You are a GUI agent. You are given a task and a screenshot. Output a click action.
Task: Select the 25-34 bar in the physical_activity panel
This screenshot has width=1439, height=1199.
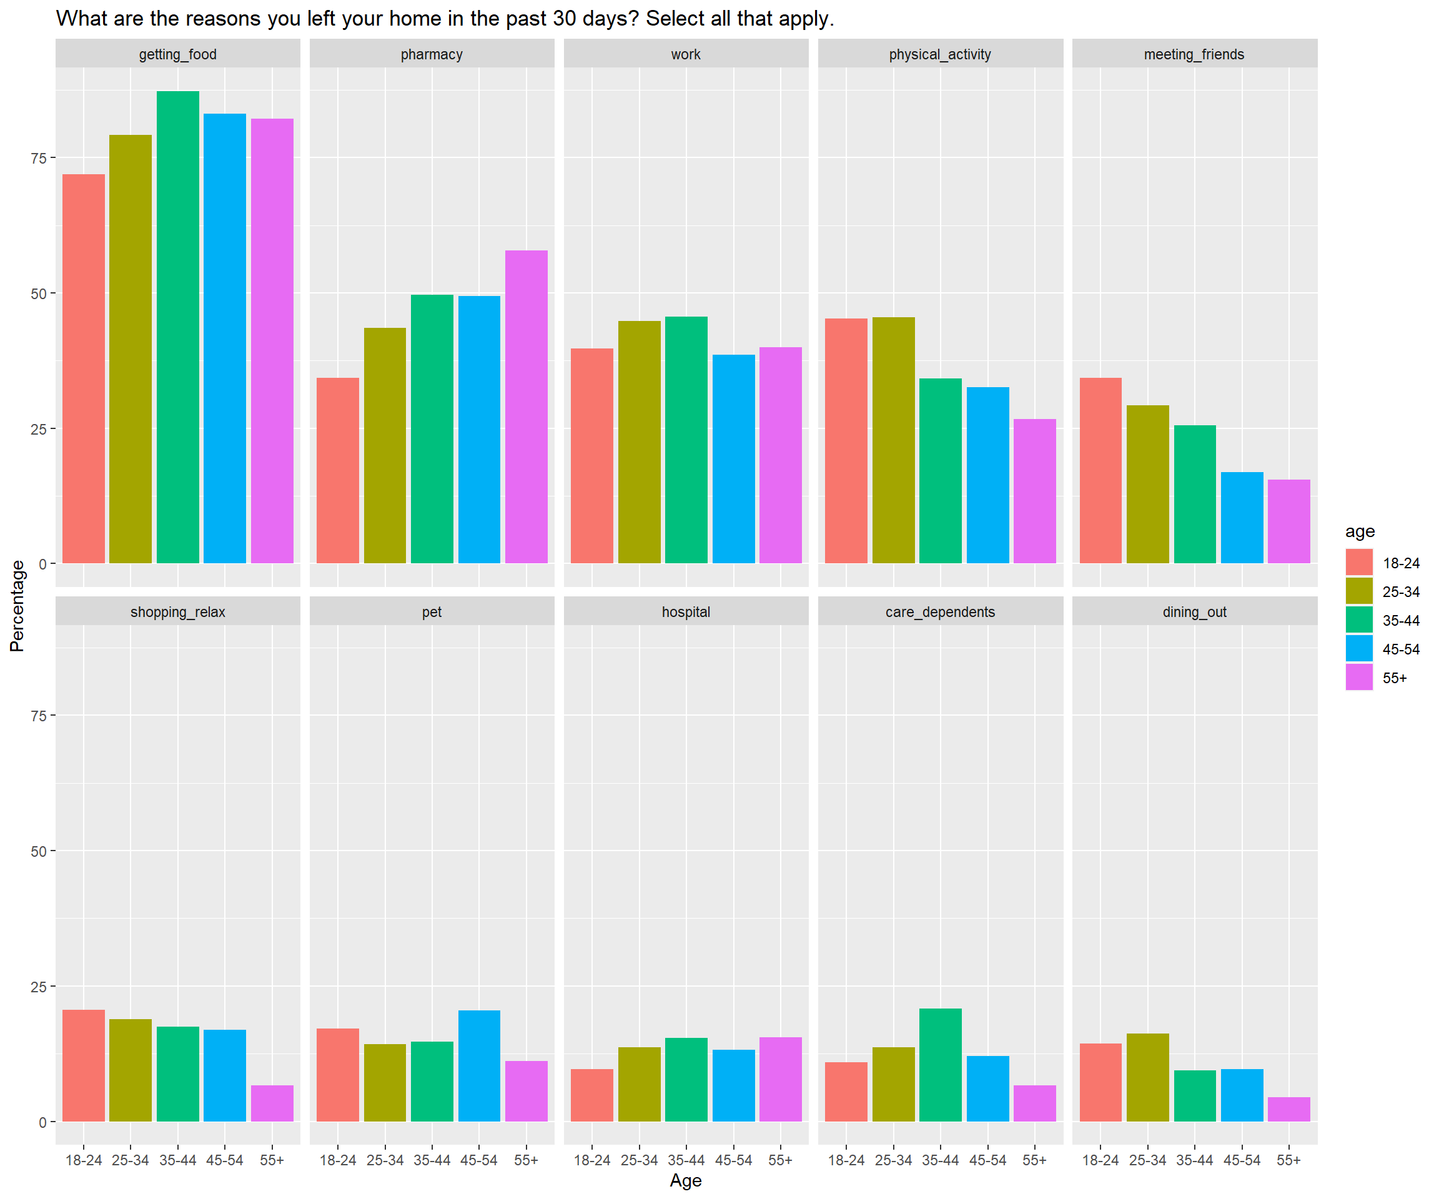coord(894,440)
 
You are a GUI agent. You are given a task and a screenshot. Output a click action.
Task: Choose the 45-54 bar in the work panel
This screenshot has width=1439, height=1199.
coord(733,458)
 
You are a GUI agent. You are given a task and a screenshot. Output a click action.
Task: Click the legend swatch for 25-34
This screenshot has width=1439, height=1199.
coord(1359,591)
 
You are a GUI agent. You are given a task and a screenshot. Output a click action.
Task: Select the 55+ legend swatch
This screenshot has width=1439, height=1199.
coord(1359,677)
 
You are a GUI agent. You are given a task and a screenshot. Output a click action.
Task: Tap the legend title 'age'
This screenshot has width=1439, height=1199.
coord(1360,531)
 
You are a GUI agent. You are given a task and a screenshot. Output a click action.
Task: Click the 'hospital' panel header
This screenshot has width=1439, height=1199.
coord(686,612)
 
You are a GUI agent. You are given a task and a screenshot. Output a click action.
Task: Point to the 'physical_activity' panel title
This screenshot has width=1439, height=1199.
coord(939,54)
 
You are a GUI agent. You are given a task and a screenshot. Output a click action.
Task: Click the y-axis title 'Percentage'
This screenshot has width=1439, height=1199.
coord(17,606)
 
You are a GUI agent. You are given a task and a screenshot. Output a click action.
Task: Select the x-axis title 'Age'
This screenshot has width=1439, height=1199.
coord(685,1180)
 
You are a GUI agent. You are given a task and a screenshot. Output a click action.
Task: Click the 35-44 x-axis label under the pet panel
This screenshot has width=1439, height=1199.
coord(432,1160)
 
